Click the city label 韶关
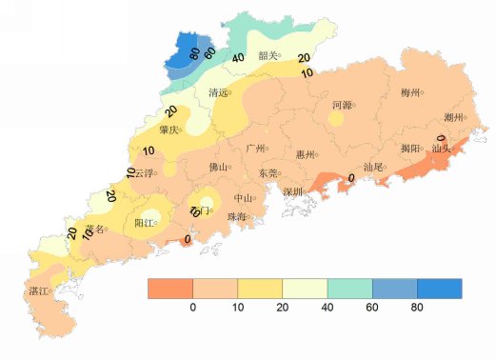pos(268,55)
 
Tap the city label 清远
pos(217,92)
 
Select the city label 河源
pos(341,105)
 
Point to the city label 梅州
pos(410,92)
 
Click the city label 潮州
pos(453,118)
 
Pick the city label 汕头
pos(440,149)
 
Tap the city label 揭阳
pos(409,149)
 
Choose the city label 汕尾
pos(372,168)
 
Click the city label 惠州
pos(306,153)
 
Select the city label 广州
pos(254,149)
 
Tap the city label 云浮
pos(144,173)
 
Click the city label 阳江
pos(144,223)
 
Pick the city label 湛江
pos(39,290)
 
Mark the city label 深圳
pos(292,191)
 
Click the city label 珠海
pos(236,217)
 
